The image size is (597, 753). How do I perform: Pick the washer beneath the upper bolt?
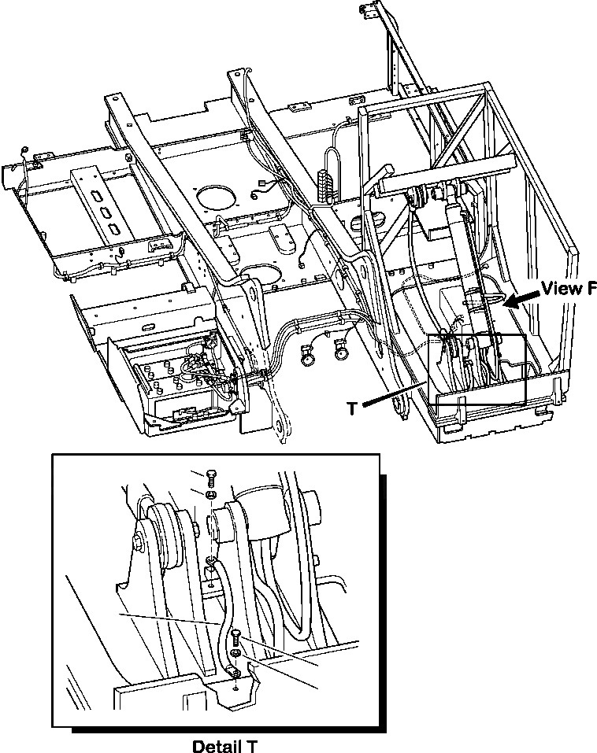coord(210,495)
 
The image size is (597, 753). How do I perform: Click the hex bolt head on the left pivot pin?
coord(139,541)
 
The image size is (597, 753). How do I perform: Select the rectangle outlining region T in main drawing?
coord(477,369)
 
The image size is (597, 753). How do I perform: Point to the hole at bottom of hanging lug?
coord(281,428)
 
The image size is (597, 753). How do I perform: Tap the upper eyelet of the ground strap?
coord(212,563)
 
